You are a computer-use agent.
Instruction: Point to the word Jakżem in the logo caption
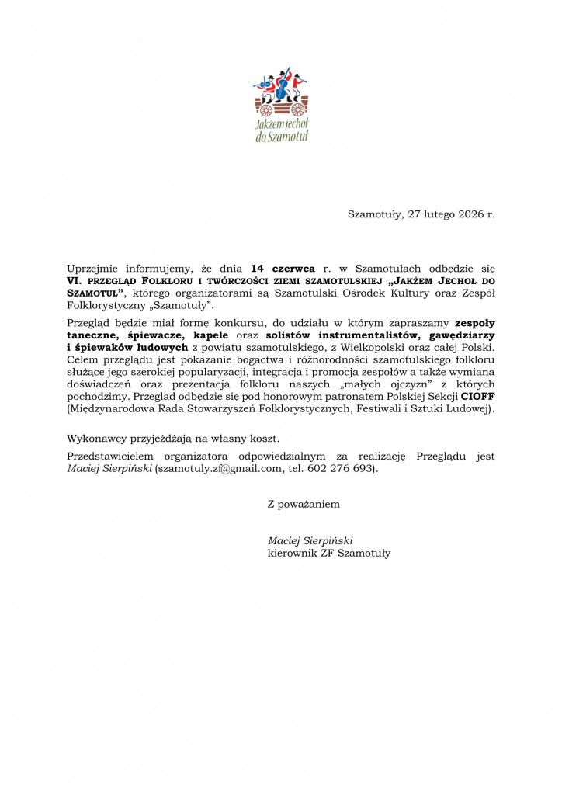270,124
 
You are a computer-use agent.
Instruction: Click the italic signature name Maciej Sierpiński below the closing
310,540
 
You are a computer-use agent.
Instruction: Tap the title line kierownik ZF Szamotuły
328,554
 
